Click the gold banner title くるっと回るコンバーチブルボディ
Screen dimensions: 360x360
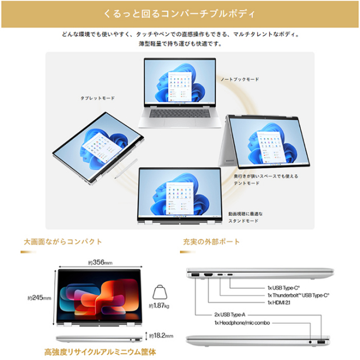coord(179,13)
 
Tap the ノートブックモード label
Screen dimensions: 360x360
coord(240,79)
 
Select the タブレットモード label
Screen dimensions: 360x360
coord(97,98)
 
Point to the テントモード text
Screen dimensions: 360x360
coord(246,183)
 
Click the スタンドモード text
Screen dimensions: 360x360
coord(244,221)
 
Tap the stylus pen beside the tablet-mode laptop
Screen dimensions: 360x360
coord(126,169)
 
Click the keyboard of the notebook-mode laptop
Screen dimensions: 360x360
coord(179,114)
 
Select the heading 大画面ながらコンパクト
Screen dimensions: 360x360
coord(62,242)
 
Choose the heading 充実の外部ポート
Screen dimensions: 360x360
coord(211,242)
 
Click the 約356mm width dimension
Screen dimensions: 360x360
coord(100,263)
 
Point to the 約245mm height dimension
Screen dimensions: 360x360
coord(39,298)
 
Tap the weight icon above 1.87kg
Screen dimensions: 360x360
coord(160,292)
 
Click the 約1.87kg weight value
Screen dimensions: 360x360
coord(159,306)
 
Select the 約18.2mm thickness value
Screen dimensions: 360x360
coord(161,336)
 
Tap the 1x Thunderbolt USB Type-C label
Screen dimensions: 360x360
coord(298,295)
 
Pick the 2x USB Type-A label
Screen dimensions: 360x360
coord(230,314)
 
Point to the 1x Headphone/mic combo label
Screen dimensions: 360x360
coord(242,323)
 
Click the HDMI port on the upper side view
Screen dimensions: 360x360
coord(209,275)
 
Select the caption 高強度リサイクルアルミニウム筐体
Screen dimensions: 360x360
coord(100,352)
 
